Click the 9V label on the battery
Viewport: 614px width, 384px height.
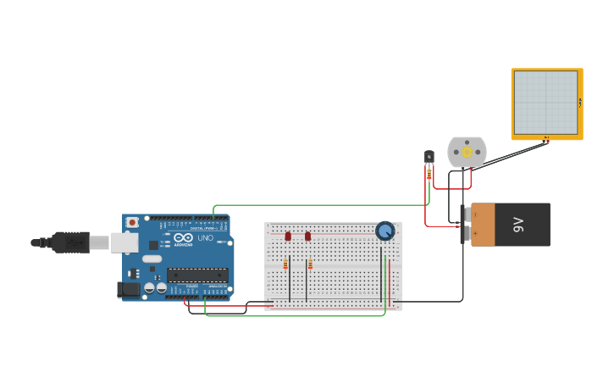[x=518, y=225]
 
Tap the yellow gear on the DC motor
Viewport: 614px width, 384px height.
[x=467, y=152]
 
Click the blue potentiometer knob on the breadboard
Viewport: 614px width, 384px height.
[x=384, y=231]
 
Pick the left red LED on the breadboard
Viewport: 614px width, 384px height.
[x=288, y=236]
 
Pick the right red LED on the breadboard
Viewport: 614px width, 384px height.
[x=307, y=236]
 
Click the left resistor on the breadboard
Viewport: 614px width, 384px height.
[x=285, y=264]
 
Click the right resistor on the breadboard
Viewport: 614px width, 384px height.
[x=310, y=264]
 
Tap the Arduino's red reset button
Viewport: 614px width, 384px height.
[x=131, y=222]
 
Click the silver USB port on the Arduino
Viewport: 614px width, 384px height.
[x=124, y=243]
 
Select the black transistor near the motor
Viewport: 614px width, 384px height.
[x=429, y=156]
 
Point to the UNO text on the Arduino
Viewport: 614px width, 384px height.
[x=206, y=238]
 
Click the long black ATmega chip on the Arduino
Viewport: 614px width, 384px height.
[x=197, y=274]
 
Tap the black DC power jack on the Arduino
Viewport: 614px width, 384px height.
[x=128, y=289]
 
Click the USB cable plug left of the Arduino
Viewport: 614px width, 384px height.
[x=71, y=242]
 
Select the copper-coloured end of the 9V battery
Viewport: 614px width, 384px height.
[x=483, y=225]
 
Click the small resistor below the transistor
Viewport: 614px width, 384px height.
[x=429, y=174]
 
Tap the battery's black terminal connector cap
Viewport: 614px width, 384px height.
[x=463, y=225]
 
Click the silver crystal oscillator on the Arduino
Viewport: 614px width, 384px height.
[x=152, y=259]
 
